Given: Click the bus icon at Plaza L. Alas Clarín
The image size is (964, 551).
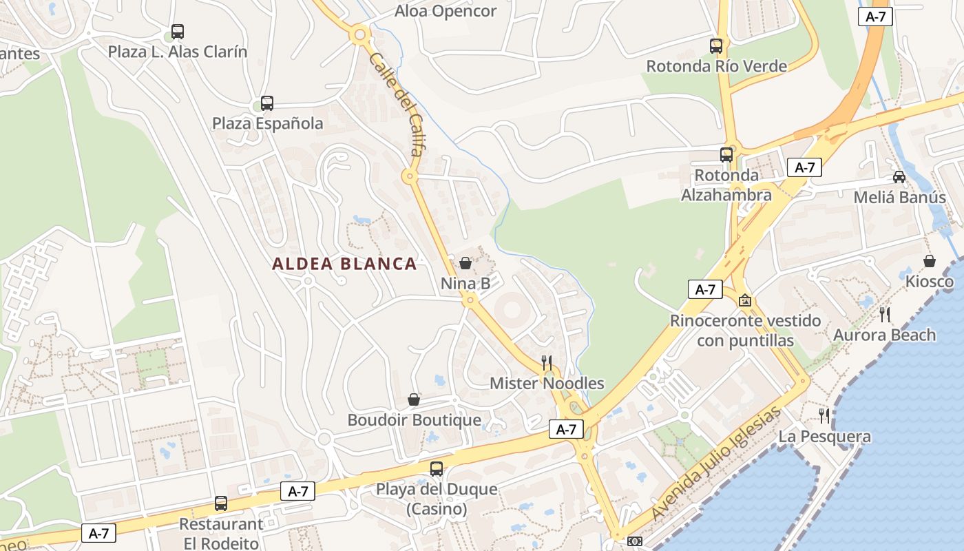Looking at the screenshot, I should coord(178,32).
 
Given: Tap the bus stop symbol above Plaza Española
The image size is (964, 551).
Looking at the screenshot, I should coord(267,103).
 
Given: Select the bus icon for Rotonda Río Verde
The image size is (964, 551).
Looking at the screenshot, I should coord(716,46).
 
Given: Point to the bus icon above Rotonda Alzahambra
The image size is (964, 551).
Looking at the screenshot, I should coord(726,155).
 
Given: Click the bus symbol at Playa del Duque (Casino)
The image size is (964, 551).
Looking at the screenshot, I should coord(437,469).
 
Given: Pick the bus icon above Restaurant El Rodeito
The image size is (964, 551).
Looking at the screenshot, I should coord(221,503).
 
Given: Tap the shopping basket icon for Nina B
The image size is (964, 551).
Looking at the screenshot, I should coord(465,263).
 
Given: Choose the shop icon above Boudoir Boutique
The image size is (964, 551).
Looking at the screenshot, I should coord(414,399).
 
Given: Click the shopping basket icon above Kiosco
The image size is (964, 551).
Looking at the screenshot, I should coord(930,261).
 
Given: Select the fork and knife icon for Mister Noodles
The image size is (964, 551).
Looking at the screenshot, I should coord(547,362).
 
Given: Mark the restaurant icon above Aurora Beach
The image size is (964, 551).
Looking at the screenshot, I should coord(885,315).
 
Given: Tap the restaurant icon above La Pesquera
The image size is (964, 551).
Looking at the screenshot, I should coord(824,416).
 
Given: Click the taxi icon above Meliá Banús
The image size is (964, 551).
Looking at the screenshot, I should coord(899,177).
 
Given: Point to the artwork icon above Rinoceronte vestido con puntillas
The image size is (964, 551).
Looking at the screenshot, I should coord(744,301).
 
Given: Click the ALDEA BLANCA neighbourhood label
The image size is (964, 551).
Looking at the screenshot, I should coord(344,264).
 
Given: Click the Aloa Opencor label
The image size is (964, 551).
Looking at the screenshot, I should coord(446,11).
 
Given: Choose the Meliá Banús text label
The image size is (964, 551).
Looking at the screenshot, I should coord(899,198).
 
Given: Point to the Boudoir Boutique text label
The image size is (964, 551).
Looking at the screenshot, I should coord(414,420).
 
